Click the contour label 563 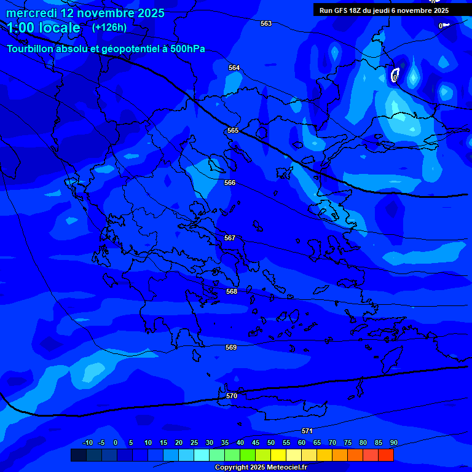point(266,23)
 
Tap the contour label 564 point(234,68)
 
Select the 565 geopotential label point(233,130)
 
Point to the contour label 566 point(230,183)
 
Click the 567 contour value point(230,238)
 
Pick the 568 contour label point(232,291)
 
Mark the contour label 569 point(231,347)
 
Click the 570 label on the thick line point(232,396)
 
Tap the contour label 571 point(307,431)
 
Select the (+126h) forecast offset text point(109,28)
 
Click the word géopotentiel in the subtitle point(132,49)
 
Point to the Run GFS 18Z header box point(383,10)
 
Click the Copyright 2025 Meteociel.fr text point(261,467)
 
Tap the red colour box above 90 point(386,455)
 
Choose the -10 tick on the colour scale point(87,443)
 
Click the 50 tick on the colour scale point(271,443)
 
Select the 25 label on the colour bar point(194,443)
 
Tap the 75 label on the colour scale point(348,443)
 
